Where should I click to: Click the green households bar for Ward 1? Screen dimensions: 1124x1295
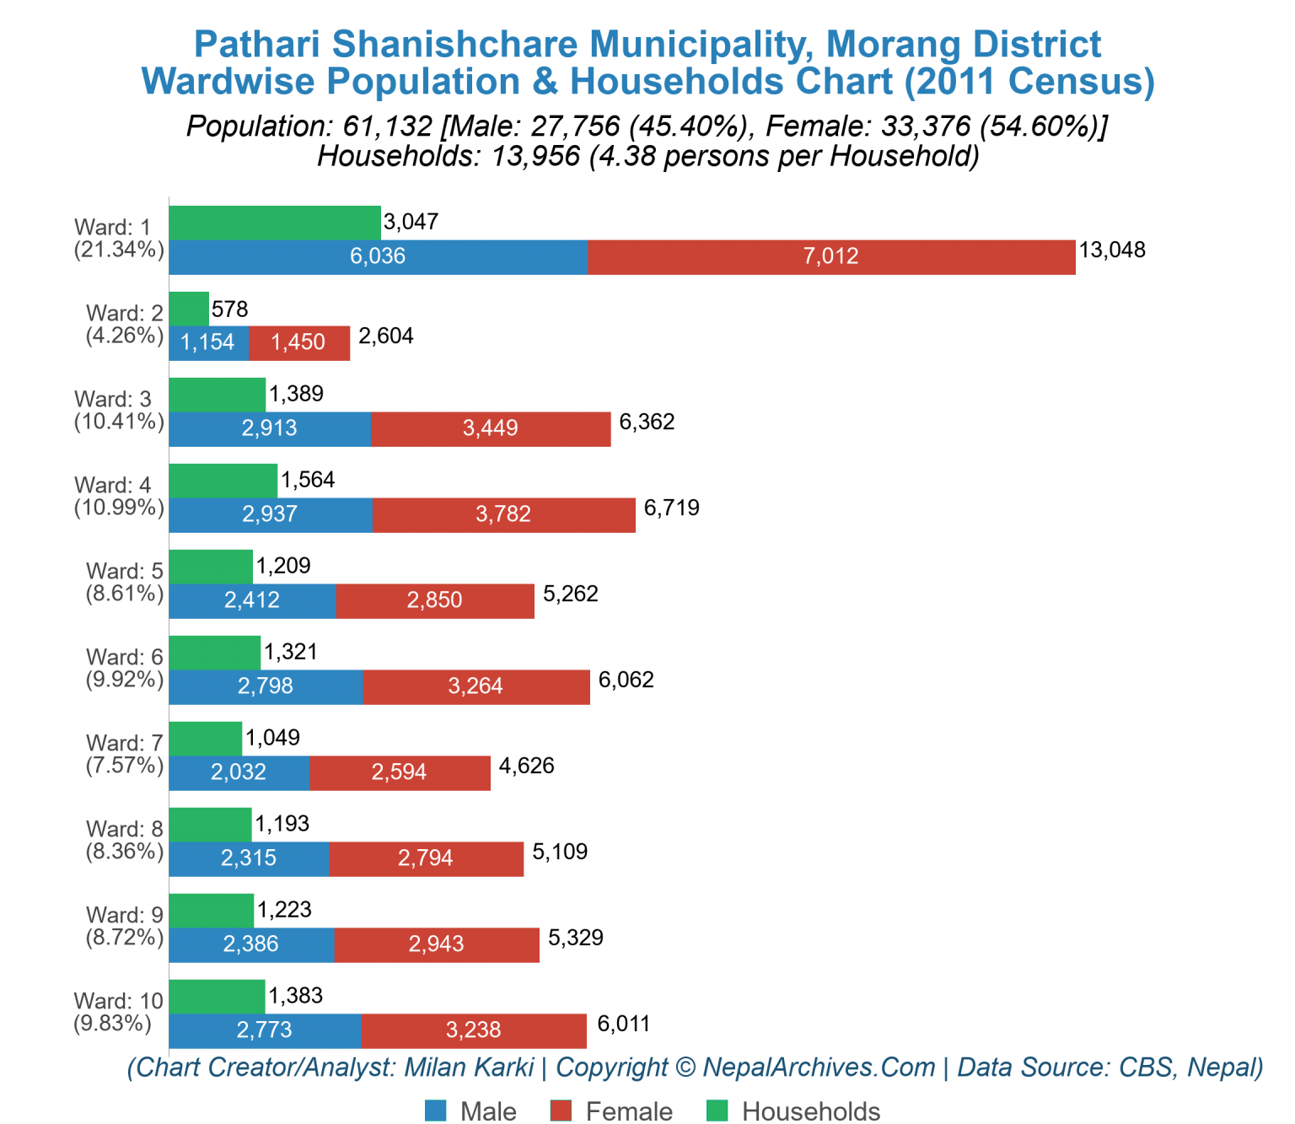tap(274, 223)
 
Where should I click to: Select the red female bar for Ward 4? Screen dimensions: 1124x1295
tap(503, 514)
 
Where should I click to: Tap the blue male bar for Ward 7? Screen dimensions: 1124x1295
tap(239, 772)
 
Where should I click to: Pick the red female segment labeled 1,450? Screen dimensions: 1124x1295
tap(298, 342)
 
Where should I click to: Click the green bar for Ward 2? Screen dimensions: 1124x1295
tap(189, 309)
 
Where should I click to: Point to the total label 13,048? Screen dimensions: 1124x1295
tap(1112, 250)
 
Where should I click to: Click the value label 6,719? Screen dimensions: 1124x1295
tap(671, 508)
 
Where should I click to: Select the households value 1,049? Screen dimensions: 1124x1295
tap(272, 738)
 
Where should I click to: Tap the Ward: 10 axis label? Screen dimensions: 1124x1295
tap(118, 1001)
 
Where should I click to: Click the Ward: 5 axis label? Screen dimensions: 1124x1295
tap(124, 571)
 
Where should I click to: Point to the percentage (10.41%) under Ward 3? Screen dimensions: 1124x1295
tap(119, 422)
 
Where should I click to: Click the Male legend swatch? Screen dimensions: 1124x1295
tap(436, 1111)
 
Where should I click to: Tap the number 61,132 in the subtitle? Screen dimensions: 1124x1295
tap(388, 126)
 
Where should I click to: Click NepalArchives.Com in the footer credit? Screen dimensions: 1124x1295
tap(819, 1068)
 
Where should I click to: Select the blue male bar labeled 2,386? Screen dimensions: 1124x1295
tap(250, 944)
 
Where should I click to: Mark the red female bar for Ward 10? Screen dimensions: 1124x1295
tap(473, 1030)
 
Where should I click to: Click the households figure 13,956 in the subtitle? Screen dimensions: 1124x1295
tap(530, 156)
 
